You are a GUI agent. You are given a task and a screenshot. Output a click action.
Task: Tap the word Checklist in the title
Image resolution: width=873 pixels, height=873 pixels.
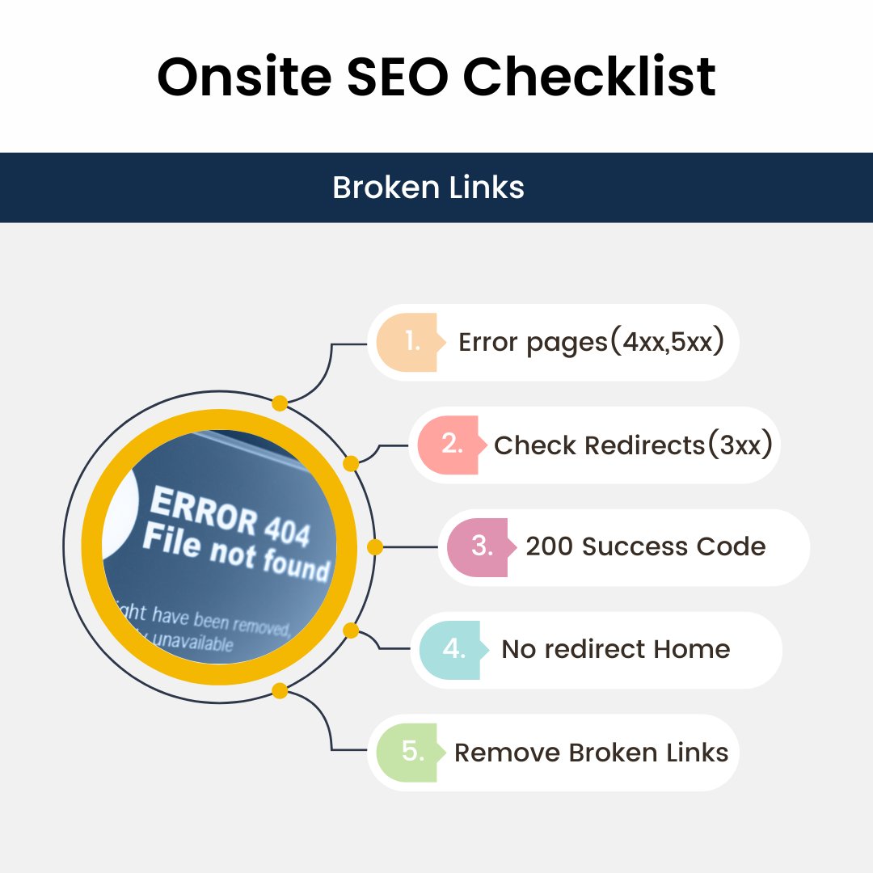[x=589, y=78]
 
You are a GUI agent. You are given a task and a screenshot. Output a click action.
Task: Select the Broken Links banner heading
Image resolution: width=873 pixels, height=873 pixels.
[x=428, y=188]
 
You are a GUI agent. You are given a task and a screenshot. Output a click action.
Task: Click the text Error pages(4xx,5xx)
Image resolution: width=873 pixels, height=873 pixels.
[x=590, y=342]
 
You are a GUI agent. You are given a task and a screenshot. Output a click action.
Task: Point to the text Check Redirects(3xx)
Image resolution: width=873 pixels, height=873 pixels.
[x=632, y=445]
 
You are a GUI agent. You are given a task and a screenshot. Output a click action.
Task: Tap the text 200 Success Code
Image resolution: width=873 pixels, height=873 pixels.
[x=645, y=546]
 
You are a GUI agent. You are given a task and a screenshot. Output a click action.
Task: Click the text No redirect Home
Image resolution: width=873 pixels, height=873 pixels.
[x=615, y=649]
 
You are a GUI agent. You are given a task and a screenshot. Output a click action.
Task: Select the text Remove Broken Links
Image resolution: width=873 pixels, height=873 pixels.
[x=591, y=752]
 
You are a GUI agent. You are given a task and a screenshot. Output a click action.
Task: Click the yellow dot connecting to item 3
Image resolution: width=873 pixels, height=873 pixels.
[x=374, y=547]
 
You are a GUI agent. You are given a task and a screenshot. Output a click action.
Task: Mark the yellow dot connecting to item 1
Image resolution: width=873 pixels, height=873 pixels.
[x=280, y=403]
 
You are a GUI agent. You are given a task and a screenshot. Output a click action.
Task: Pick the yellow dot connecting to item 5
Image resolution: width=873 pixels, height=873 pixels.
[x=280, y=690]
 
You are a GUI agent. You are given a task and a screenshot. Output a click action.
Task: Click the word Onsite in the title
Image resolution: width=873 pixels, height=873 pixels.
[x=243, y=78]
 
